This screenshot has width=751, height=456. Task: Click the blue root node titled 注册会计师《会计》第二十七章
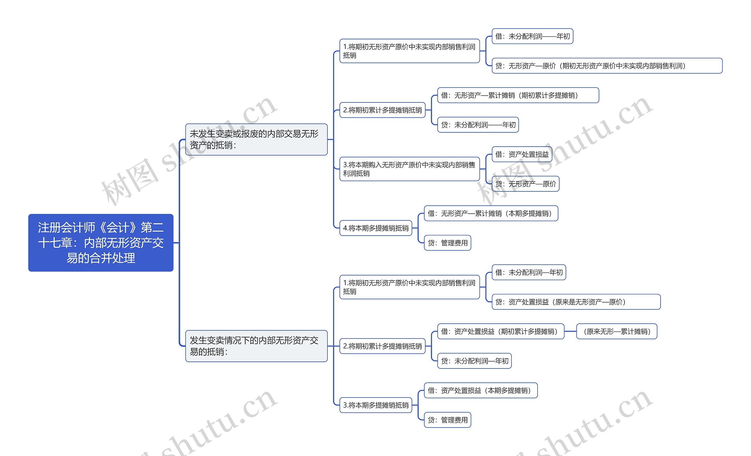101,243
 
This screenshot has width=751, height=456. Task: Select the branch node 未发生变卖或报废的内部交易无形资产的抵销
256,139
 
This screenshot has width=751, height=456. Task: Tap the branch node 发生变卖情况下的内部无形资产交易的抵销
256,346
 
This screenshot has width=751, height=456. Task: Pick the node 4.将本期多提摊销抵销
375,228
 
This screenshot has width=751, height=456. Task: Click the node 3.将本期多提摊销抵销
375,405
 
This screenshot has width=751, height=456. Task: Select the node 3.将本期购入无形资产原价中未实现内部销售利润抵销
409,169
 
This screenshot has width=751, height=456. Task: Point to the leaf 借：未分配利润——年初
532,36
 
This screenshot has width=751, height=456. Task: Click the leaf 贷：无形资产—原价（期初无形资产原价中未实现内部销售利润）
607,66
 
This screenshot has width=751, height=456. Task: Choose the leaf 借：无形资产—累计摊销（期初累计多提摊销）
518,95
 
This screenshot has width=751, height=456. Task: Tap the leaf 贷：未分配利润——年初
478,125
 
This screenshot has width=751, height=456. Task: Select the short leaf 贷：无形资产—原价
525,184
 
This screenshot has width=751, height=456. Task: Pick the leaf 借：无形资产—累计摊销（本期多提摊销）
491,213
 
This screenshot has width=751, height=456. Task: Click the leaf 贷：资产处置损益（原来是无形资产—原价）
576,302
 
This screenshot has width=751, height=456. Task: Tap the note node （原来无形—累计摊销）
616,331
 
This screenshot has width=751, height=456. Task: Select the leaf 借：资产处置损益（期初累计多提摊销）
500,331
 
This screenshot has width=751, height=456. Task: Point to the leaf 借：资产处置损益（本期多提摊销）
480,391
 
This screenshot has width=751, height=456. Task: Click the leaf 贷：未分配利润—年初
474,361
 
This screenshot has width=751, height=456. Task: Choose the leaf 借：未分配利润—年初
529,272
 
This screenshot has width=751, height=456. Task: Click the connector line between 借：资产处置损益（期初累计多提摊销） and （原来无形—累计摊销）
570,331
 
